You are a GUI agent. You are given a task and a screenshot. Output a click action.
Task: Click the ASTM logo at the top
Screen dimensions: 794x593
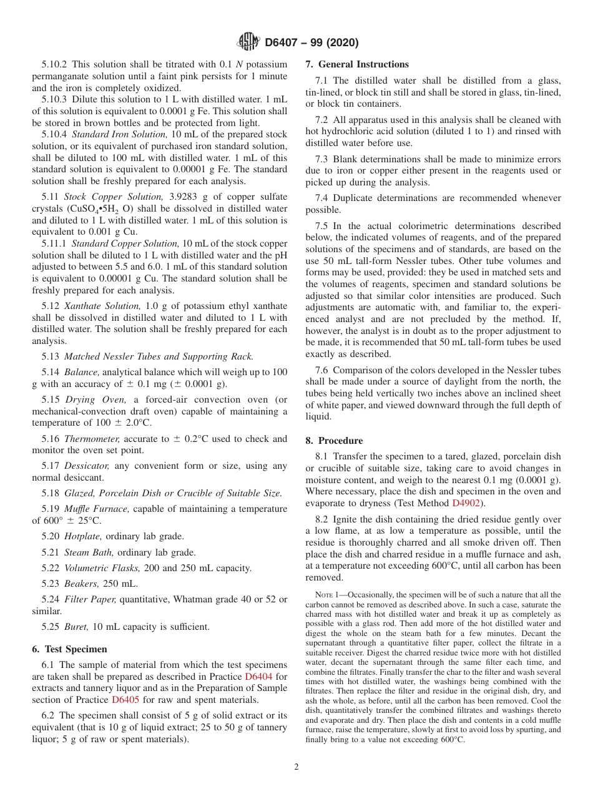pos(248,42)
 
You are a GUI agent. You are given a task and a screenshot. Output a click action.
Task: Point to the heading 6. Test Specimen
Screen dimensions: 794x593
pos(69,649)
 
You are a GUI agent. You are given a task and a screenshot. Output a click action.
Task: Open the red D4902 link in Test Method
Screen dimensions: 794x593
pos(466,503)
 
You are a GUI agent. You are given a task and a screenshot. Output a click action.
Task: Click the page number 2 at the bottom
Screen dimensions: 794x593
pos(296,767)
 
